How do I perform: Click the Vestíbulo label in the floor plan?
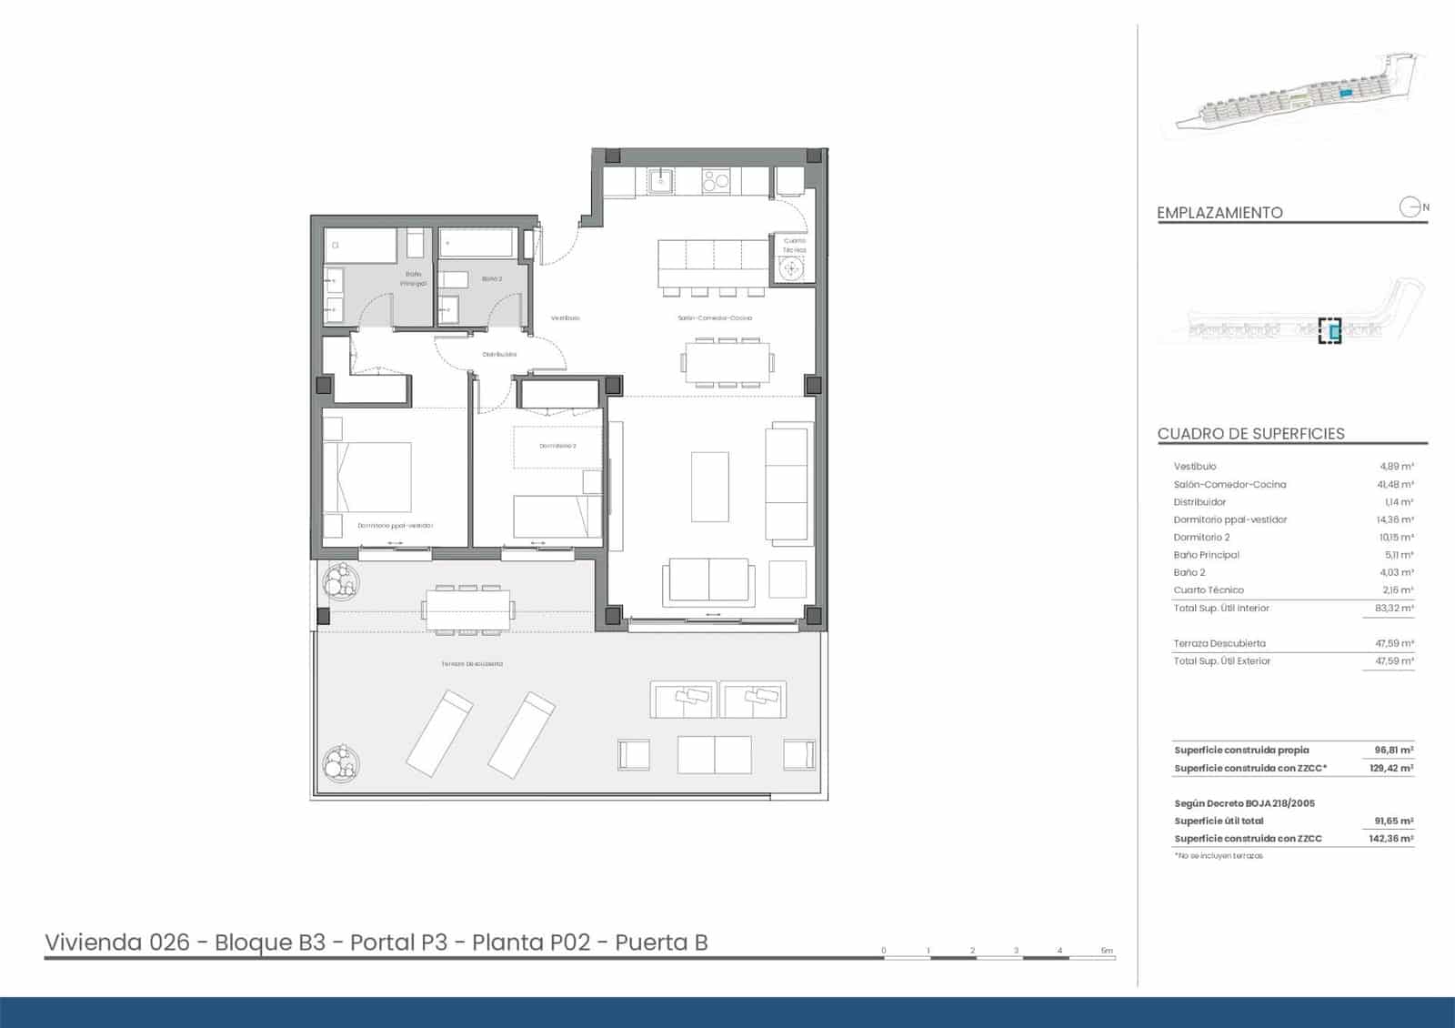(565, 318)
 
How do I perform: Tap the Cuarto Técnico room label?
(794, 245)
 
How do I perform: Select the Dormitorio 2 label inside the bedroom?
(557, 446)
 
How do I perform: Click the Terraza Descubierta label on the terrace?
(472, 664)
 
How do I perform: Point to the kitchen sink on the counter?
(660, 181)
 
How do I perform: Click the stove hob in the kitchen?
(716, 181)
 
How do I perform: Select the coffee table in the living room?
(709, 487)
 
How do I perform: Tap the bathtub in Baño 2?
(477, 244)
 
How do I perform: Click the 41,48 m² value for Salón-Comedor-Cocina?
(1394, 485)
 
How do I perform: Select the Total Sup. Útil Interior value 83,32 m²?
(1394, 609)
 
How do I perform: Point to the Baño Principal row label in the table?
(1206, 555)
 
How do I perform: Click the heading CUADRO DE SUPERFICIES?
(1250, 434)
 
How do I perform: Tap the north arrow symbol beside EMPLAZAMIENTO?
(1410, 207)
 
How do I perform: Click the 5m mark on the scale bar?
(1106, 951)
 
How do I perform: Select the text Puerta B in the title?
(661, 942)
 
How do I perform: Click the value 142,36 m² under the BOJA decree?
(1390, 839)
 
